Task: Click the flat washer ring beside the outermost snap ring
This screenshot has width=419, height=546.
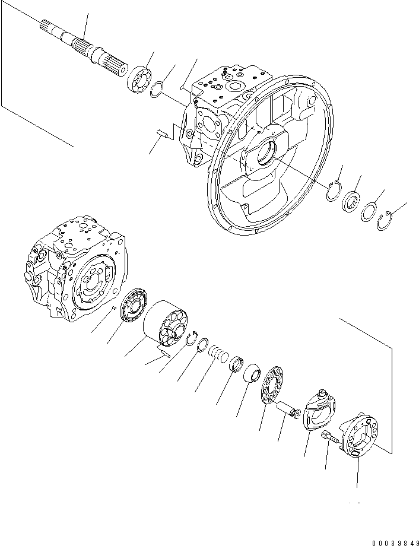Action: [x=368, y=212]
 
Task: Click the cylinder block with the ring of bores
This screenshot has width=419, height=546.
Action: [x=166, y=324]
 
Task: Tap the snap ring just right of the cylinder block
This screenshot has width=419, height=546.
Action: [x=191, y=339]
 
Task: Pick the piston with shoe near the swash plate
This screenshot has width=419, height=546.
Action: [x=290, y=409]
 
